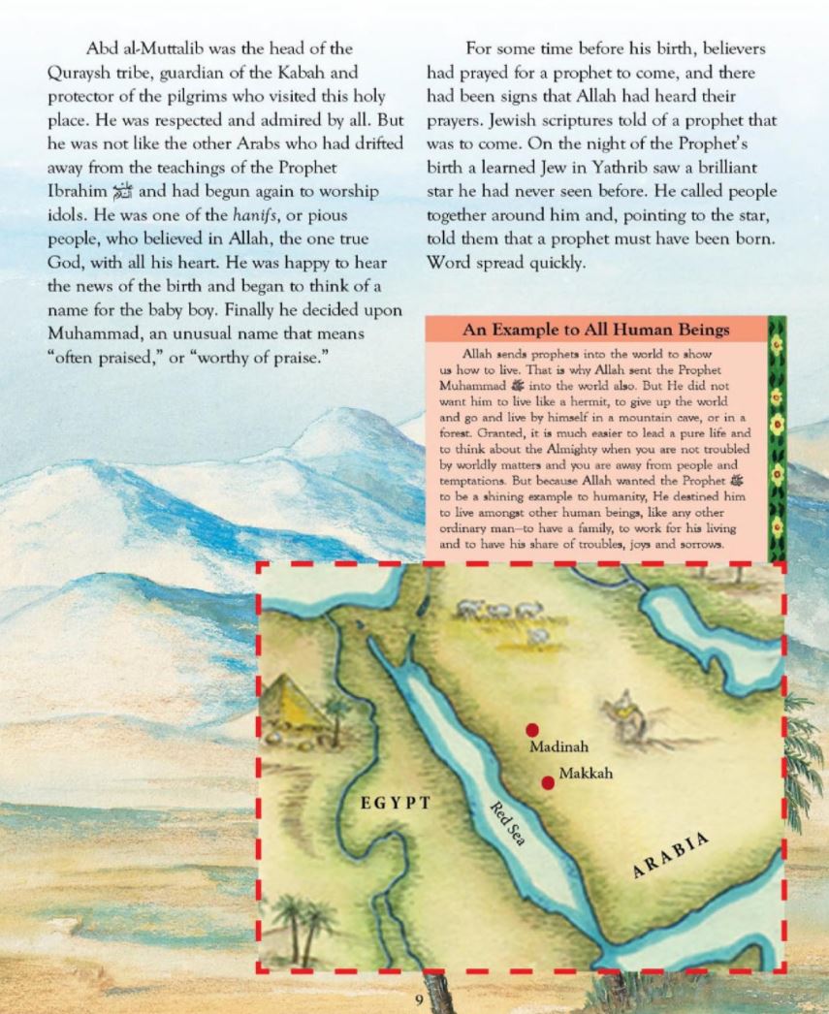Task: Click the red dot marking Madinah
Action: click(x=531, y=730)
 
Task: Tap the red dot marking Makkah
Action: click(x=548, y=782)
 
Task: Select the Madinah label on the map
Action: click(x=558, y=747)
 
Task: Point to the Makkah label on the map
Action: click(x=586, y=776)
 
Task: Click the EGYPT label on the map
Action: click(x=395, y=803)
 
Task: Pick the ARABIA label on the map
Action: click(x=671, y=853)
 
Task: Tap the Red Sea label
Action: click(x=506, y=823)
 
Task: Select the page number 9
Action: click(x=419, y=999)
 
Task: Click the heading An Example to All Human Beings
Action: click(x=596, y=330)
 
